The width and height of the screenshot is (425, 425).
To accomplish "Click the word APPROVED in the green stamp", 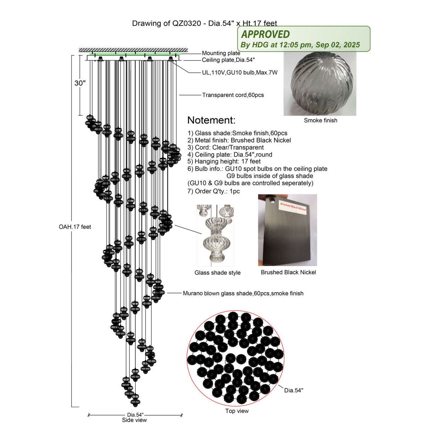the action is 265,34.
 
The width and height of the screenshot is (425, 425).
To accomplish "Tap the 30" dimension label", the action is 80,83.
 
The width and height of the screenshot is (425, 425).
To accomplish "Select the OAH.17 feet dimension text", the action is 75,227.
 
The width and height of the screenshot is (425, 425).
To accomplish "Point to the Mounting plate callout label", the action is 221,53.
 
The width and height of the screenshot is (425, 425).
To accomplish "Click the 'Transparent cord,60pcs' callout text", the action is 233,95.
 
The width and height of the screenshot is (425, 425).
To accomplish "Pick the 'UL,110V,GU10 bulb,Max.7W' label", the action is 240,73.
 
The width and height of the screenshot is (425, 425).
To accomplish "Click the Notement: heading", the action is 211,120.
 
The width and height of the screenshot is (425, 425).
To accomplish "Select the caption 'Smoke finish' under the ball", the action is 321,120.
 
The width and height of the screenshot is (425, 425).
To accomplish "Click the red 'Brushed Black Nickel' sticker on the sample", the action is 293,206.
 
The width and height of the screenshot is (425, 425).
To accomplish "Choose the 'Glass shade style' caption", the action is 217,273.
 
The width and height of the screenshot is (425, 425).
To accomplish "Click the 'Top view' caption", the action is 237,411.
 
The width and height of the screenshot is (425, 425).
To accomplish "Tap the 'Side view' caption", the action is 134,420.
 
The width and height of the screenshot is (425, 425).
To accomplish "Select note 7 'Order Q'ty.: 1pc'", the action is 214,191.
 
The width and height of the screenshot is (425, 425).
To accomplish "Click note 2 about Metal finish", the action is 239,140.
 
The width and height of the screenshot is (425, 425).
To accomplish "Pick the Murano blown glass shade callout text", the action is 243,293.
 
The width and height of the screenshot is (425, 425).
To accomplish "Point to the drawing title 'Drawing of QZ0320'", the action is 166,23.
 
